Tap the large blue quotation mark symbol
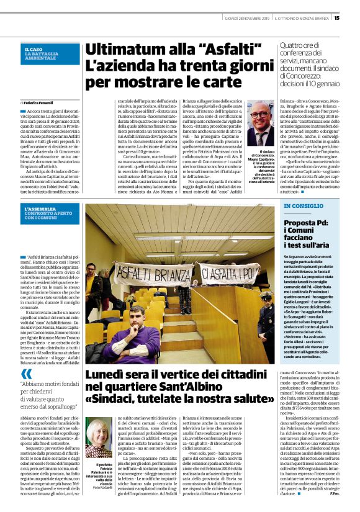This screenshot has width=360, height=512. tap(26, 374)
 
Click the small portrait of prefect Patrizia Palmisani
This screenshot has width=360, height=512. tap(99, 438)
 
